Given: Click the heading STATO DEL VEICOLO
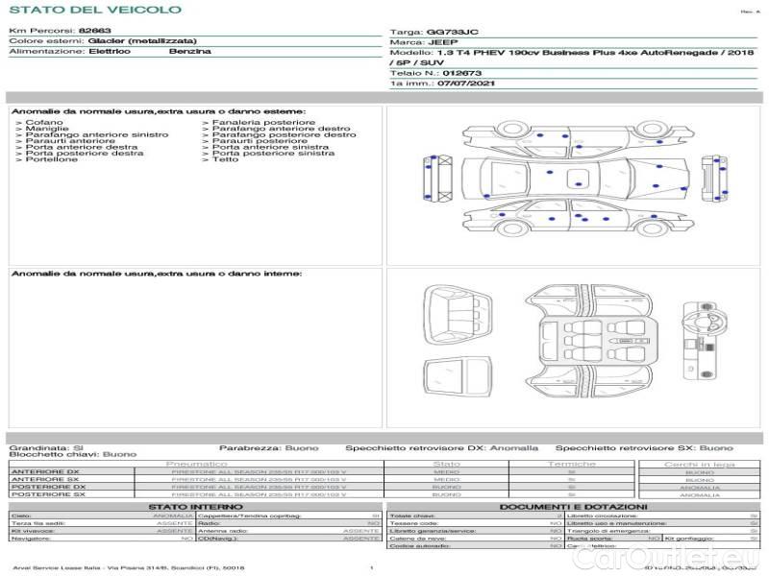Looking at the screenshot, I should click(x=95, y=10).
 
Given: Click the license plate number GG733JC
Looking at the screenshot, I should click(x=458, y=32).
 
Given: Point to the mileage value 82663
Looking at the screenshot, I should click(x=95, y=31).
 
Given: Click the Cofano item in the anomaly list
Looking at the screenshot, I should click(x=44, y=123).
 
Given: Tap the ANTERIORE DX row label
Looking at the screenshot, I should click(x=46, y=472).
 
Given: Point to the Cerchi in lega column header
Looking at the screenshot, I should click(x=699, y=464).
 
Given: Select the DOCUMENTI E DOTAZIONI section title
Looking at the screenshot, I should click(x=573, y=506).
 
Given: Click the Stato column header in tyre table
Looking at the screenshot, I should click(x=446, y=464).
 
